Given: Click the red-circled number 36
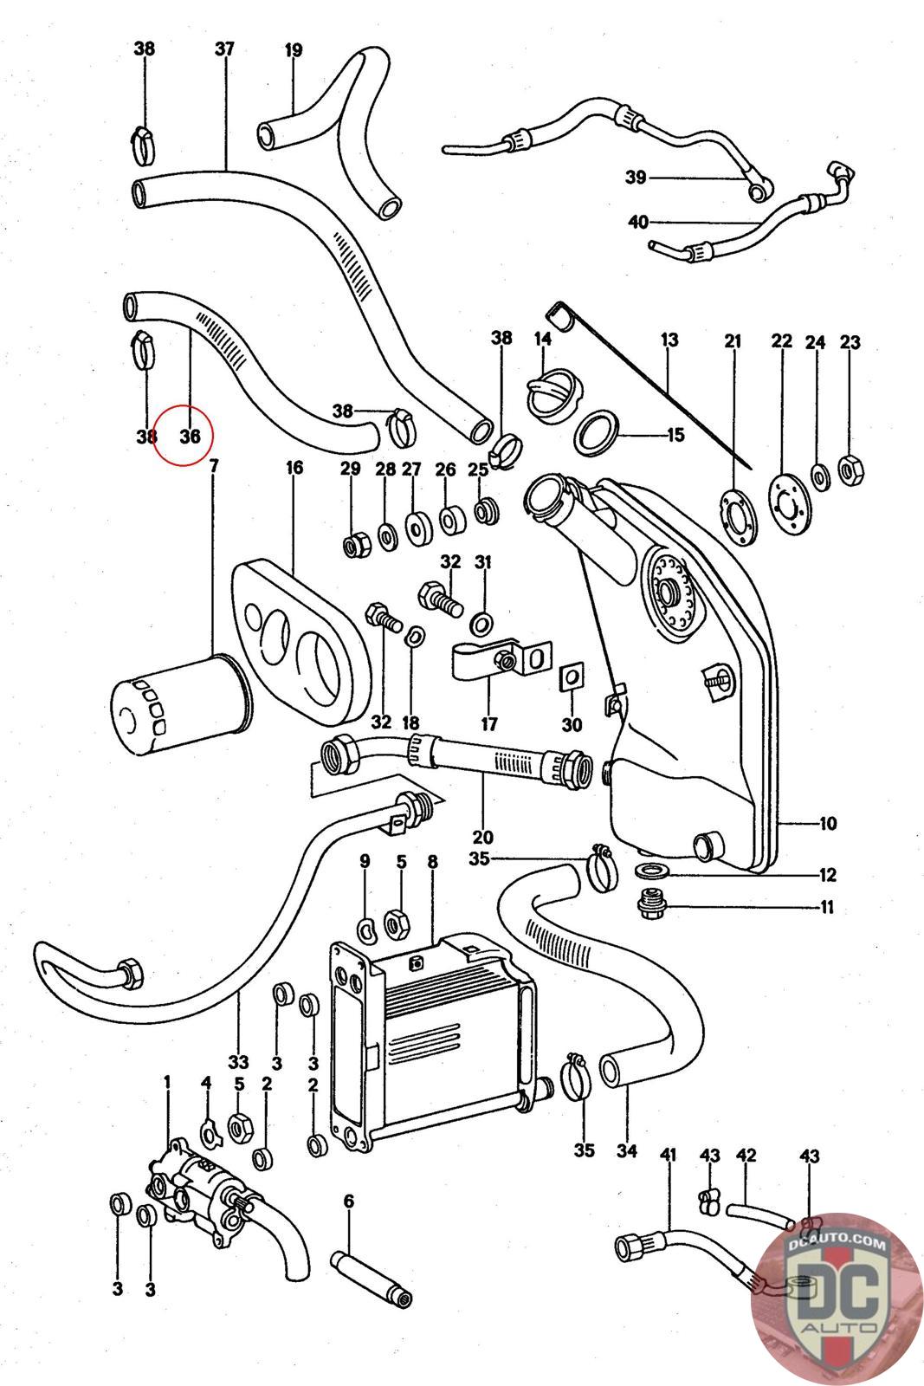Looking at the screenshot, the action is pyautogui.click(x=190, y=437).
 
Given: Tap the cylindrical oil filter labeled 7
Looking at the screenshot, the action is pyautogui.click(x=180, y=704).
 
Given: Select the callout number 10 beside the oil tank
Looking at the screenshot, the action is pyautogui.click(x=828, y=824).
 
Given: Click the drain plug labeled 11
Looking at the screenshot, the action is pyautogui.click(x=650, y=906).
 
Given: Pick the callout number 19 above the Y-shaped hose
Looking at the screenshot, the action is pyautogui.click(x=294, y=50).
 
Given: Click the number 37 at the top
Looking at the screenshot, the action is pyautogui.click(x=224, y=49).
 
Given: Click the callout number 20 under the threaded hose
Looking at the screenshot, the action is pyautogui.click(x=482, y=837).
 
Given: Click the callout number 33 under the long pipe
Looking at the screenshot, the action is pyautogui.click(x=239, y=1062).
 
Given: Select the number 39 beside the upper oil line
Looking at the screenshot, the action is pyautogui.click(x=636, y=178).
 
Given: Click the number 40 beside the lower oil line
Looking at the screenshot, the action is pyautogui.click(x=638, y=222).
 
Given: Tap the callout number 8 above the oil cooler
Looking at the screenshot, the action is pyautogui.click(x=432, y=861).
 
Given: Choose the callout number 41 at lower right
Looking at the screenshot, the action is pyautogui.click(x=668, y=1155).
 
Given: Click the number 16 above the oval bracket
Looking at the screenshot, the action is pyautogui.click(x=294, y=467).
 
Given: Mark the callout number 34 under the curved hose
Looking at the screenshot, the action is pyautogui.click(x=626, y=1150).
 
